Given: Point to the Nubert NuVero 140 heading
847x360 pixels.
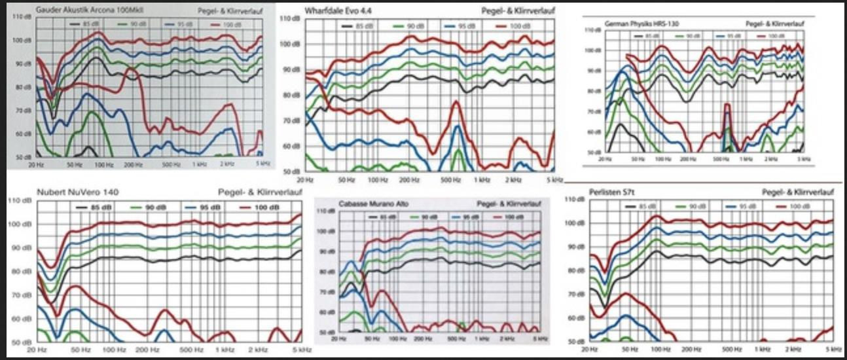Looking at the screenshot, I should point(78,192).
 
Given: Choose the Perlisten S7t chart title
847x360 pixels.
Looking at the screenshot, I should point(614,192).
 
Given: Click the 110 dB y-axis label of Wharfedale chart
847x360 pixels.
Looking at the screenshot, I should point(289,19).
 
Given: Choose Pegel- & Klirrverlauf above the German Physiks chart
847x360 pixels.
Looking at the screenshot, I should point(775,23).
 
